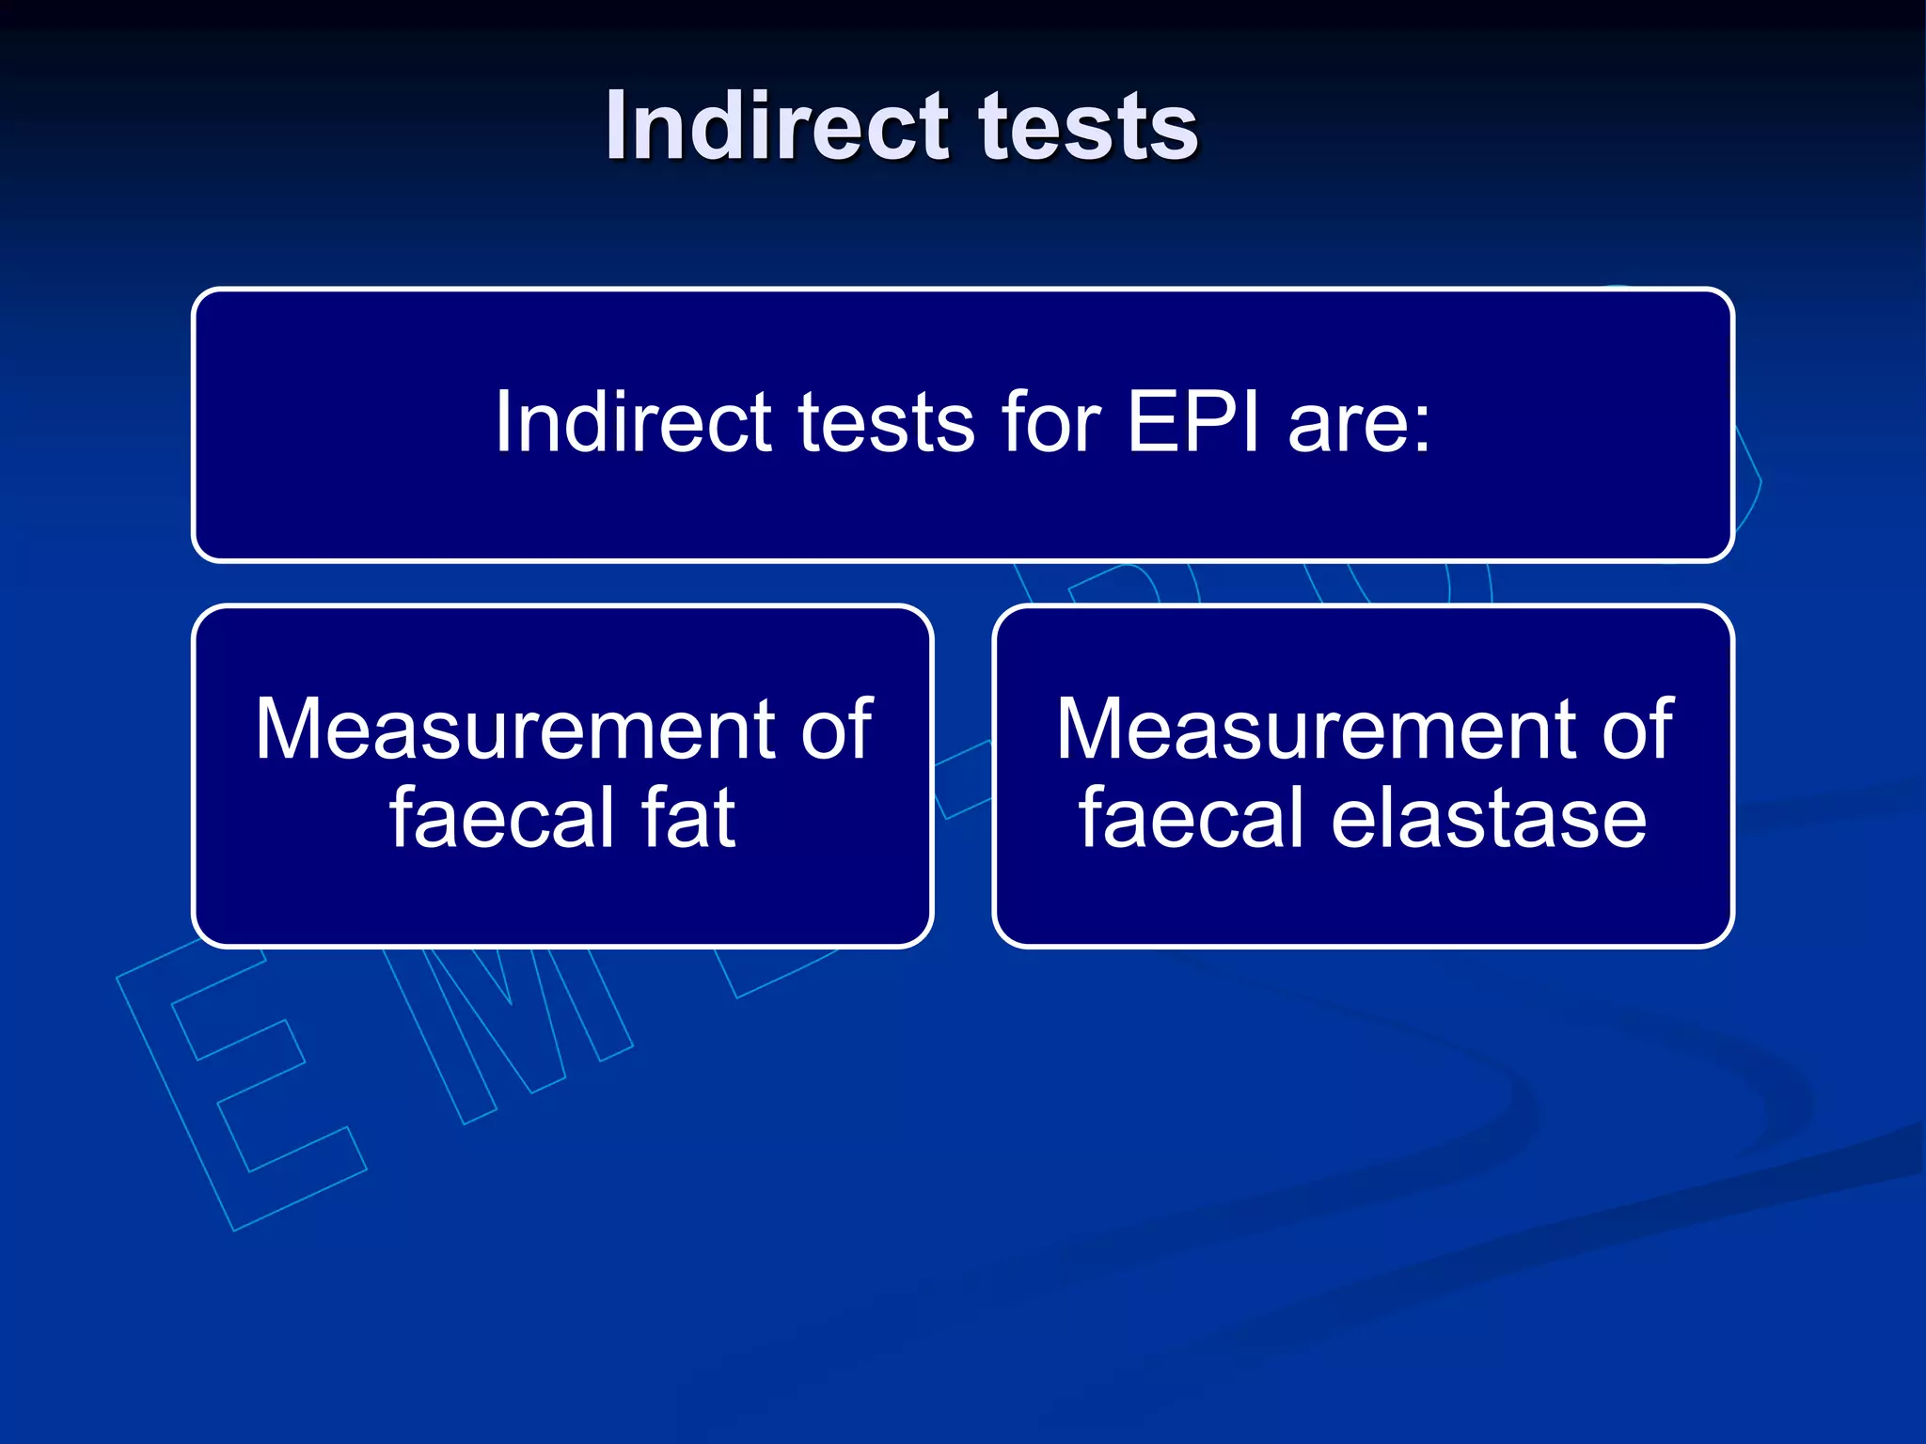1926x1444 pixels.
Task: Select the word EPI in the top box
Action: point(1192,422)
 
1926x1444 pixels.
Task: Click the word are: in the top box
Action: point(1360,424)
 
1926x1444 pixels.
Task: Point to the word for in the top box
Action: point(1051,422)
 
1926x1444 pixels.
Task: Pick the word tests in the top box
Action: point(887,424)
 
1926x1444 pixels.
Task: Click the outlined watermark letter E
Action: point(240,1091)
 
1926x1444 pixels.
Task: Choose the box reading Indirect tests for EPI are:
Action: point(962,508)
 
